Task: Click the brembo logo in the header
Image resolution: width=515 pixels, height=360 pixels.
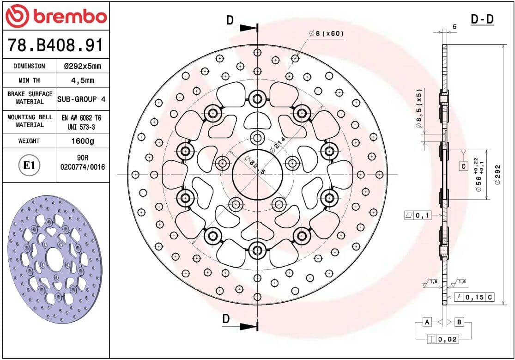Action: tap(56, 16)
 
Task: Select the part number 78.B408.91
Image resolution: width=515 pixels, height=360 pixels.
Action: tap(55, 45)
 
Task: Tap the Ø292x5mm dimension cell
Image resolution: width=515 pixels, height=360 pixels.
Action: tap(82, 66)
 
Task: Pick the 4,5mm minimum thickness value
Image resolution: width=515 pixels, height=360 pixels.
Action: tap(82, 80)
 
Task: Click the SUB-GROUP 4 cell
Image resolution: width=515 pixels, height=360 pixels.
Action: tap(81, 99)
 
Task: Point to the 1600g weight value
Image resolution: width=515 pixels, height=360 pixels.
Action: tap(83, 141)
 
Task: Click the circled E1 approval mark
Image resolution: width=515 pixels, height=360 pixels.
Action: tap(29, 165)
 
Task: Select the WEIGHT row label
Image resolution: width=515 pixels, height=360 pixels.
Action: tap(29, 141)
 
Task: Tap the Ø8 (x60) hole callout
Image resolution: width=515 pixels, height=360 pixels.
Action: tap(326, 34)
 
